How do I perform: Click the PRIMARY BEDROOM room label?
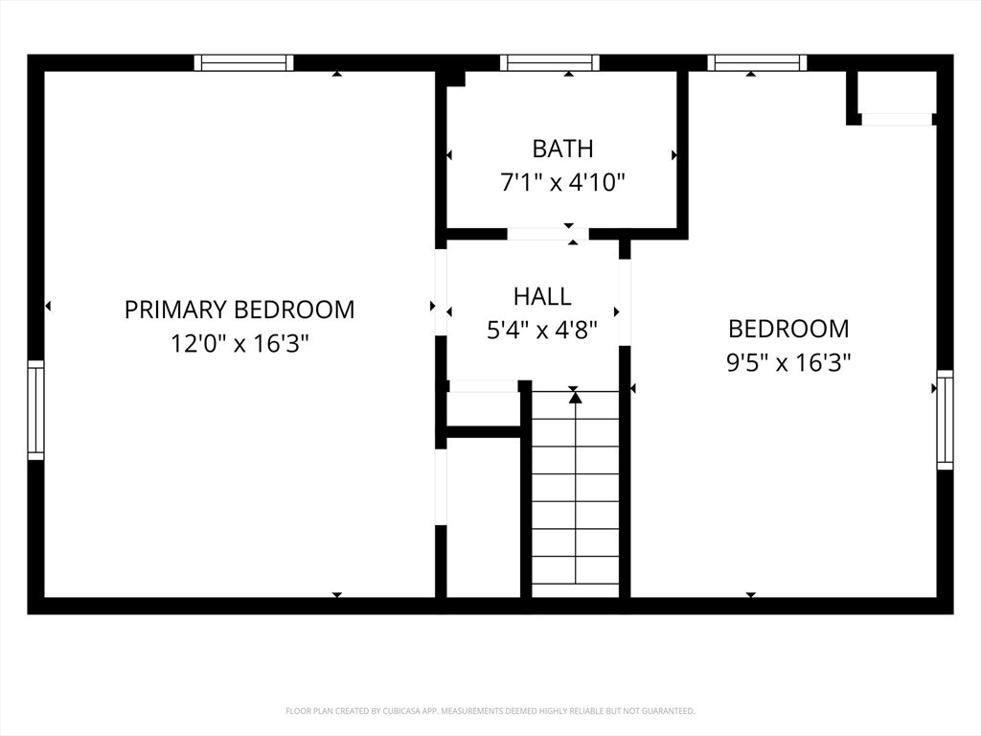(x=240, y=310)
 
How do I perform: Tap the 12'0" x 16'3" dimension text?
(x=240, y=344)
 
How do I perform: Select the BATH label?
(x=562, y=149)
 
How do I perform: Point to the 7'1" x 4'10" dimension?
(x=562, y=183)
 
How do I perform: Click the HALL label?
(x=542, y=297)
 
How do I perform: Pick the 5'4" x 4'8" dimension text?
(x=542, y=330)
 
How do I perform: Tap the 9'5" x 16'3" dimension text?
(x=789, y=362)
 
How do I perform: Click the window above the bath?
(x=550, y=62)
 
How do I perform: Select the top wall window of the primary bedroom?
(x=243, y=62)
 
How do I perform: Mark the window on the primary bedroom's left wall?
(x=35, y=410)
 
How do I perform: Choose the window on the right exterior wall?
(x=945, y=420)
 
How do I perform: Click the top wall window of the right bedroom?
(x=757, y=62)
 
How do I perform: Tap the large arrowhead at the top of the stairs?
(x=575, y=397)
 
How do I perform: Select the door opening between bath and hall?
(x=548, y=234)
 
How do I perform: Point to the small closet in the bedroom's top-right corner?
(x=896, y=93)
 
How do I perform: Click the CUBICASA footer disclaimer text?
(x=490, y=711)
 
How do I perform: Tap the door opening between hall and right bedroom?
(x=625, y=302)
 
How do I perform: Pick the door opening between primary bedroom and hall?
(x=441, y=292)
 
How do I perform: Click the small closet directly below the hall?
(x=483, y=409)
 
